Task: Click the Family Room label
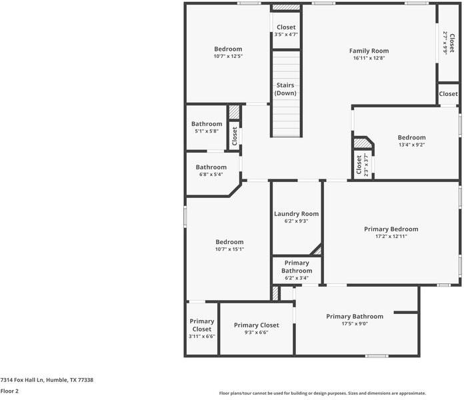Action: tap(369, 51)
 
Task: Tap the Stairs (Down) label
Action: tap(286, 89)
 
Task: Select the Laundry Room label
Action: tap(296, 214)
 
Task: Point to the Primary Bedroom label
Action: tap(391, 229)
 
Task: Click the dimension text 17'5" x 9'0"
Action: tap(354, 324)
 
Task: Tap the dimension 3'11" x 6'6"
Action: tap(201, 337)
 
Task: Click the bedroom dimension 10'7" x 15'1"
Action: tap(229, 249)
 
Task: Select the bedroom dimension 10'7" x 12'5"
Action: tap(227, 57)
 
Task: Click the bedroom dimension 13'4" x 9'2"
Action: tap(411, 145)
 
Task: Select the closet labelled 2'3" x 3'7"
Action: tap(360, 164)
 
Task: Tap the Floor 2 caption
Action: tap(9, 391)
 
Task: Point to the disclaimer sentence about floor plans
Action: tap(322, 393)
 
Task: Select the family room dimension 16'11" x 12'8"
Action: tap(369, 58)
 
